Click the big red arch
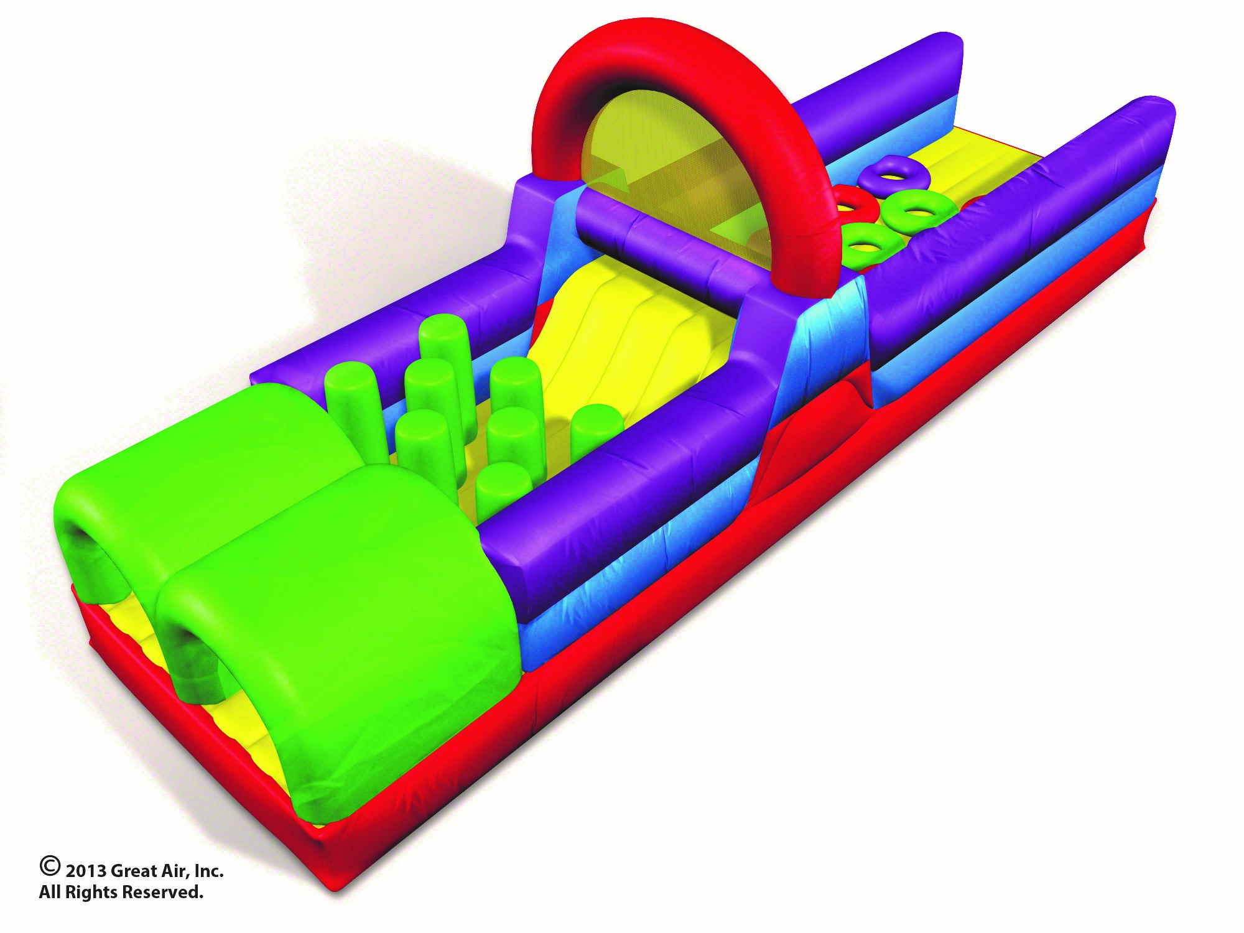click(622, 50)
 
